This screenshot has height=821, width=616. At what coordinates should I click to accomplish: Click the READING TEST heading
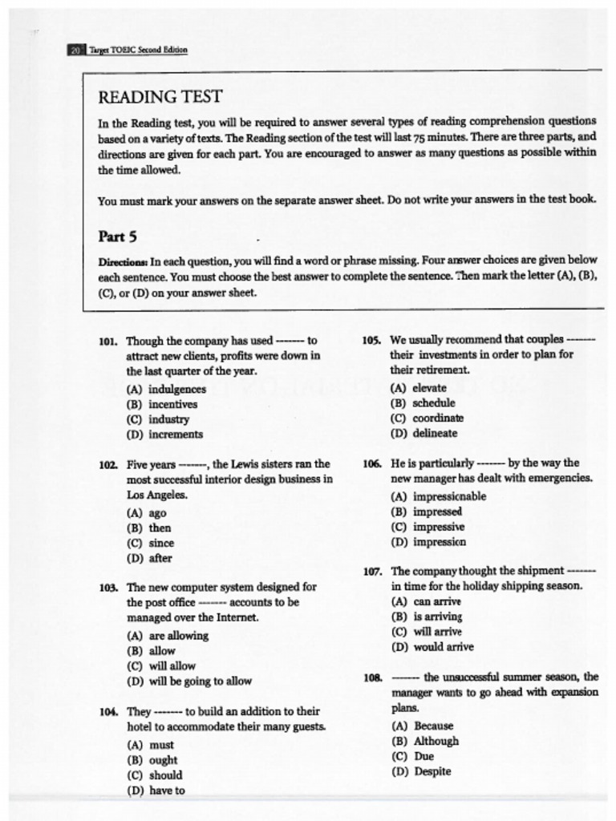[x=160, y=97]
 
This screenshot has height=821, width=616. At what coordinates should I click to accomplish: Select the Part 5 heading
[x=117, y=237]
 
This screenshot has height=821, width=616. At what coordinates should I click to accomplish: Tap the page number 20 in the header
[x=75, y=50]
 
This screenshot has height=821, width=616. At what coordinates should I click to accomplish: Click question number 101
[x=108, y=341]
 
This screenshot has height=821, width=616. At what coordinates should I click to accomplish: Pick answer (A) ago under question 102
[x=147, y=513]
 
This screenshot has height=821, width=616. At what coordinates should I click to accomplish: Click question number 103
[x=109, y=588]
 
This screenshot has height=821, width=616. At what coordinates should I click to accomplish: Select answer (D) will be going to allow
[x=188, y=681]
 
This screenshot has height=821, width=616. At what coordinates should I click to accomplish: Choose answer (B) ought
[x=152, y=760]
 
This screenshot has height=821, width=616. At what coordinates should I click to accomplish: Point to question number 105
[x=371, y=340]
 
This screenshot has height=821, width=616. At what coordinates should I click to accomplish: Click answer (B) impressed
[x=426, y=512]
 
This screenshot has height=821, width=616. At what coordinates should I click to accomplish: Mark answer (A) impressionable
[x=438, y=496]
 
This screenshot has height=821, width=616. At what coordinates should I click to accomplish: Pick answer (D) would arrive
[x=432, y=647]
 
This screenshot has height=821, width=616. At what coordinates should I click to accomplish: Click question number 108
[x=372, y=677]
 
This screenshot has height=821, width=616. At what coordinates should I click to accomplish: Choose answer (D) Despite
[x=421, y=772]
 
